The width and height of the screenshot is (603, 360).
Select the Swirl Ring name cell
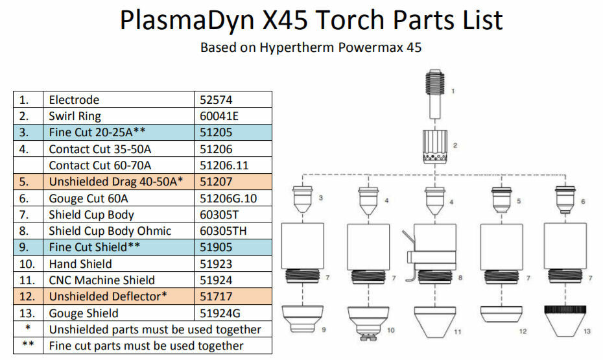click(x=119, y=115)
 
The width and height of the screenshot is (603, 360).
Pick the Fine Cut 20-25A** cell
click(x=119, y=132)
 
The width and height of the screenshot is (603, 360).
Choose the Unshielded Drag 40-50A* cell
click(x=119, y=182)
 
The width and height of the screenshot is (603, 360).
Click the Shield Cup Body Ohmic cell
click(x=119, y=231)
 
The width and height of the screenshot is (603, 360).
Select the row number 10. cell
click(x=28, y=264)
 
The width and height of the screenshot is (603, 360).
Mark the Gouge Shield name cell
click(x=119, y=313)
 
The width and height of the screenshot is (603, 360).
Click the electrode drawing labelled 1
click(x=435, y=94)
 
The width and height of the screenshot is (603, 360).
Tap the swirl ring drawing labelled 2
click(x=435, y=147)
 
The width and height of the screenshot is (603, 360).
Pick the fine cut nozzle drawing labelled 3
click(x=302, y=199)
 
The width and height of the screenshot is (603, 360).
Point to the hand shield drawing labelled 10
click(x=368, y=323)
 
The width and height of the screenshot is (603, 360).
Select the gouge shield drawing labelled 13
click(x=565, y=321)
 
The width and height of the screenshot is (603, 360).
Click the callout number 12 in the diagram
click(x=523, y=331)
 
